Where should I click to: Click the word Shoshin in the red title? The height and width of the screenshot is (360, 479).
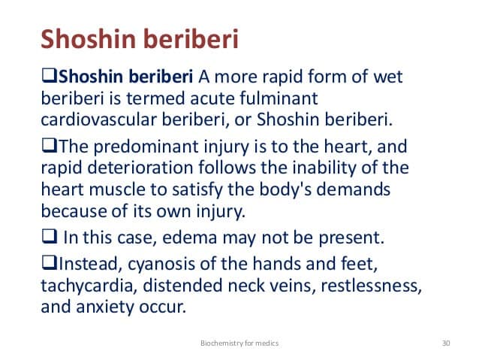(x=89, y=39)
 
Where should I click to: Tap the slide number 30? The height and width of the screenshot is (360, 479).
(x=446, y=343)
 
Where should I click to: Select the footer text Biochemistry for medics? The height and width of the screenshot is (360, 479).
(x=239, y=343)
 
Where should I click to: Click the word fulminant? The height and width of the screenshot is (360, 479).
(x=279, y=98)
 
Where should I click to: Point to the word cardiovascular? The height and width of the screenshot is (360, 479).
(x=98, y=119)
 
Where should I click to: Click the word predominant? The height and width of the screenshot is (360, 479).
(x=146, y=147)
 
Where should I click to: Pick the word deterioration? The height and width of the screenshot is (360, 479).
(x=140, y=168)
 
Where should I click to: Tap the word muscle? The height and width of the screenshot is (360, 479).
(x=117, y=189)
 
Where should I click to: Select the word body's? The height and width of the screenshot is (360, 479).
(x=285, y=189)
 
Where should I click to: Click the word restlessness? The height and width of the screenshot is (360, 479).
(x=372, y=286)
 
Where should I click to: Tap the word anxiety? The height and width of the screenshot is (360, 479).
(x=105, y=307)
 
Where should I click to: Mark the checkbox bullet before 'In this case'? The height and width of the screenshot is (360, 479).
(x=49, y=237)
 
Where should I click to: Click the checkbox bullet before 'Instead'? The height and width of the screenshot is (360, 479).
(x=49, y=263)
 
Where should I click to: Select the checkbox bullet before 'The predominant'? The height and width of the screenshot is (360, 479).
(x=49, y=145)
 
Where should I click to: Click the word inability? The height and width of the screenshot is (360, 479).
(x=324, y=168)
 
